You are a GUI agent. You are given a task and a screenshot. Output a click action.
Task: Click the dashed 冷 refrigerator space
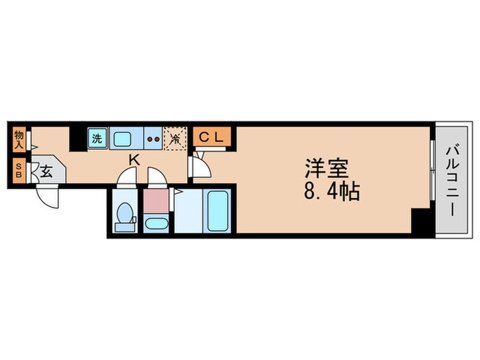click(x=176, y=139)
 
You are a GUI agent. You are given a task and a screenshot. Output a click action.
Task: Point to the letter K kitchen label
click(x=135, y=160)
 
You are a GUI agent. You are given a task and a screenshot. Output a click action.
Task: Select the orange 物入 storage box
click(x=19, y=140)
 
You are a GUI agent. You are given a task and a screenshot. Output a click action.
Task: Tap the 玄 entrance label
click(x=46, y=171)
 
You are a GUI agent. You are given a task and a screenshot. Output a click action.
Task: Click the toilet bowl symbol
click(x=124, y=214)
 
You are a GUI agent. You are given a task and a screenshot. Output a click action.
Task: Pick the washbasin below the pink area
click(x=155, y=224)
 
